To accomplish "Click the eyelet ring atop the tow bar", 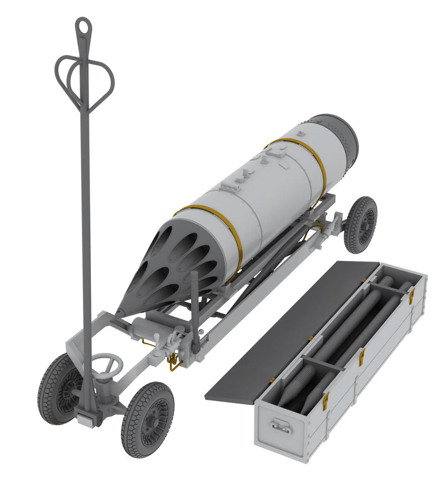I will point(83,26).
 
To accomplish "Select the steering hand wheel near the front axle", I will point(106,365).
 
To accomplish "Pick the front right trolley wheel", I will point(148,420).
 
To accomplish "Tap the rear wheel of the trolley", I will point(361,224).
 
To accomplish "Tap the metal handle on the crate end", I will point(282,427).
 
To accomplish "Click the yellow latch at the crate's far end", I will point(411,296).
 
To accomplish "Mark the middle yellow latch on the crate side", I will point(362,357).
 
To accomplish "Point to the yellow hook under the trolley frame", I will point(174,361).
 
